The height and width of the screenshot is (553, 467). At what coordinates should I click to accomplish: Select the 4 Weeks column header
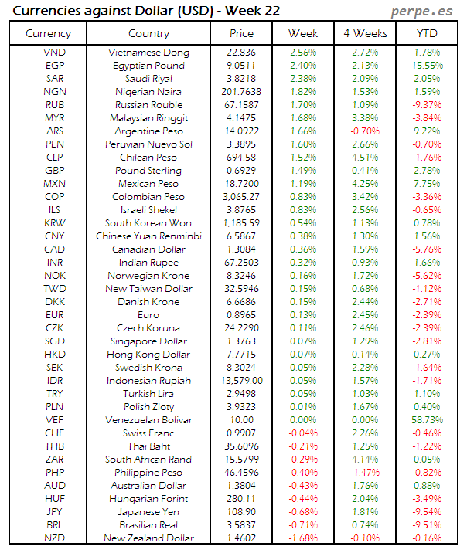click(x=364, y=33)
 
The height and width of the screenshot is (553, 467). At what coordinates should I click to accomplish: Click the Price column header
click(x=241, y=33)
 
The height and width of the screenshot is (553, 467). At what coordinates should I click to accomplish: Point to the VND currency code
click(x=55, y=53)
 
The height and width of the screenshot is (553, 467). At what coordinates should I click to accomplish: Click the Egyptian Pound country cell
click(x=148, y=66)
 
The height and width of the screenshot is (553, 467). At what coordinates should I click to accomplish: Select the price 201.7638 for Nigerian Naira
click(x=241, y=92)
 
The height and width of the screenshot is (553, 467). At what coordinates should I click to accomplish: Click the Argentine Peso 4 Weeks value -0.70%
click(x=364, y=131)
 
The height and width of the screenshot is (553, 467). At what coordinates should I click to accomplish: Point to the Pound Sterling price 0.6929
click(x=241, y=171)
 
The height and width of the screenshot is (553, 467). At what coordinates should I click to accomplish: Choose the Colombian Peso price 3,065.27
click(x=241, y=197)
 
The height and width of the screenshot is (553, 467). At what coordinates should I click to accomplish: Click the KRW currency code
click(x=55, y=223)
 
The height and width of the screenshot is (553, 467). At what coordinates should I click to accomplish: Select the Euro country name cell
click(x=148, y=315)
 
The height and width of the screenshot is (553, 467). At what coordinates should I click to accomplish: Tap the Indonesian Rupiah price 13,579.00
click(x=241, y=381)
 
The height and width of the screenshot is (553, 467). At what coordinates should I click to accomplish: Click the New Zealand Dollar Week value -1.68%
click(x=303, y=538)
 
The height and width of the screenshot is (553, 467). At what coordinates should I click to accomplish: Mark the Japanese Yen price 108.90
click(x=241, y=512)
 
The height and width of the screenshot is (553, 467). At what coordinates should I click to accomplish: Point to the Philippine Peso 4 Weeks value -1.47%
click(x=364, y=473)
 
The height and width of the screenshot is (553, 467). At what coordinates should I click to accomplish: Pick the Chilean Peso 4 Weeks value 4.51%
click(x=364, y=158)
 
